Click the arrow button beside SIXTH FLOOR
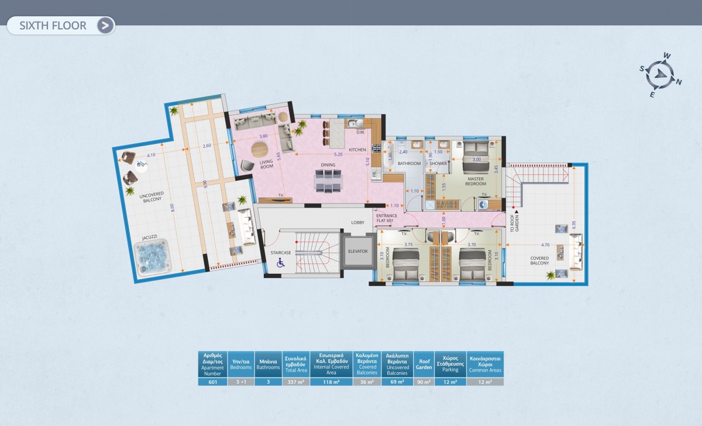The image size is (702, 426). click(x=105, y=25)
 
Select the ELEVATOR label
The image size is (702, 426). click(x=357, y=251)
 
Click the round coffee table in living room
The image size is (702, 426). click(x=261, y=150)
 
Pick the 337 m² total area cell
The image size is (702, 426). click(x=295, y=382)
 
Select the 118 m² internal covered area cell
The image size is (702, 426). click(x=331, y=382)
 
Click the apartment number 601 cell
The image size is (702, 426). click(x=212, y=382)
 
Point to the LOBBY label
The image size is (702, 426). click(x=357, y=222)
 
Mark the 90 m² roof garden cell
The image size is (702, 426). click(x=423, y=382)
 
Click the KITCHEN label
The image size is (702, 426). click(x=357, y=150)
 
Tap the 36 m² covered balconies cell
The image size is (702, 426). click(x=367, y=382)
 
